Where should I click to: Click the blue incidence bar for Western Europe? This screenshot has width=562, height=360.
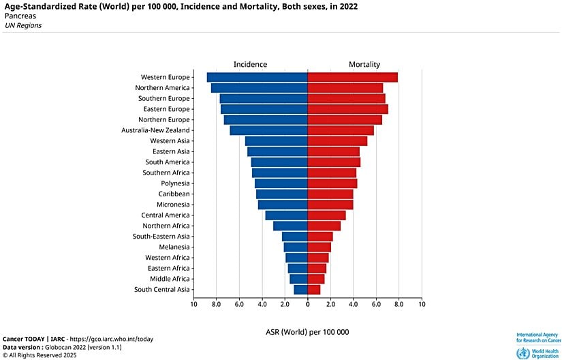257,77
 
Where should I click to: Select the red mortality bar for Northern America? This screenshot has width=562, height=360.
345,88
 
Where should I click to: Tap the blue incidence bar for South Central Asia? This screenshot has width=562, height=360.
301,290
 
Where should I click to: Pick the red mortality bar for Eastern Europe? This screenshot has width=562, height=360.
347,109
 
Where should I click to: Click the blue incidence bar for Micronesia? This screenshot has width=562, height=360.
283,205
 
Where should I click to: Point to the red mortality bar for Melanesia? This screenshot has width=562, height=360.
319,247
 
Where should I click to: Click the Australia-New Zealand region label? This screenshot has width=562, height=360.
155,130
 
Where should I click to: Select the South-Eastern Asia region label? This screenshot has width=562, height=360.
161,237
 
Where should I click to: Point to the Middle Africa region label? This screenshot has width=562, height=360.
170,279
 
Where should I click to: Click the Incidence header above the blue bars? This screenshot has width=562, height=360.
250,64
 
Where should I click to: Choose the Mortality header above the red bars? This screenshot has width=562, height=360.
364,64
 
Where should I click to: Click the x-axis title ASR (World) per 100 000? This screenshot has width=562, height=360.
307,332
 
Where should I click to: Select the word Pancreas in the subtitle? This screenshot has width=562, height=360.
20,16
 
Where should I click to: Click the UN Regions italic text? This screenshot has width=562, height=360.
23,25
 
